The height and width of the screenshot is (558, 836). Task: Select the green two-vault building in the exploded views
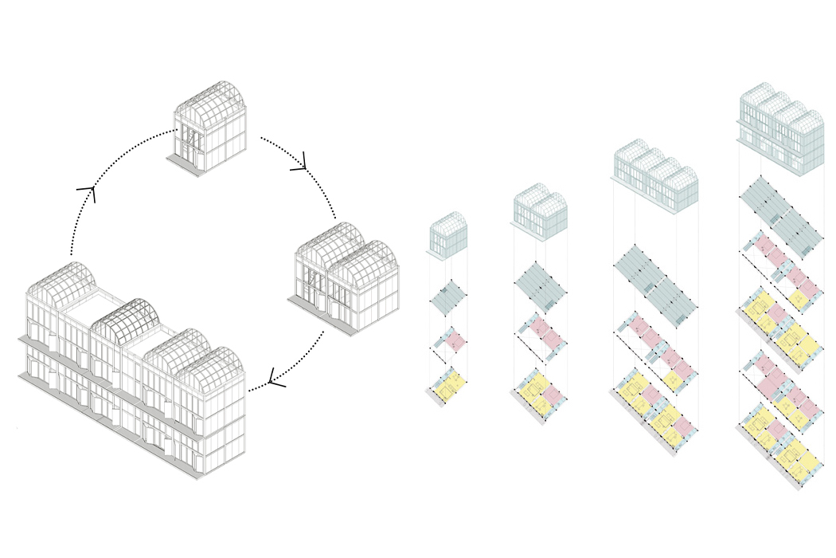[x=539, y=210]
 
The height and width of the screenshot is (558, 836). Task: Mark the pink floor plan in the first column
[x=451, y=340]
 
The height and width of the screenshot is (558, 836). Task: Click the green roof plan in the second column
[x=541, y=286]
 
